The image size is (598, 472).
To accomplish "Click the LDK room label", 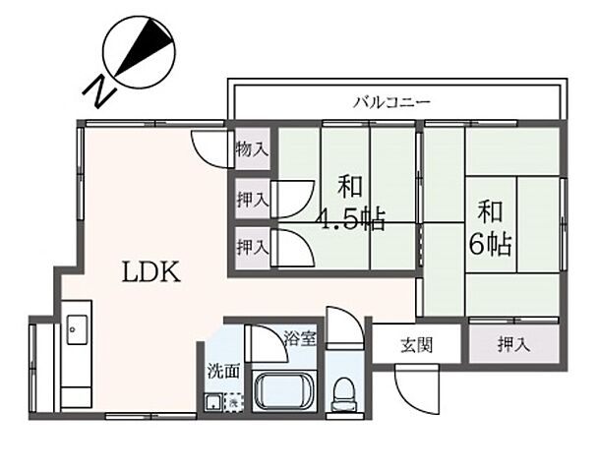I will tap(151, 271).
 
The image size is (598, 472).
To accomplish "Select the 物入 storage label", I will tap(252, 150).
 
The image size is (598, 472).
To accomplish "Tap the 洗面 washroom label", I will tap(221, 372).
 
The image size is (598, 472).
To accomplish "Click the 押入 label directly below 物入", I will tap(252, 200).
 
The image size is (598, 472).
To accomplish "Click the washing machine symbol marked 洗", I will tap(233, 401).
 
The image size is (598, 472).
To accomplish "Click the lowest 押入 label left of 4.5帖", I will tap(252, 245).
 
